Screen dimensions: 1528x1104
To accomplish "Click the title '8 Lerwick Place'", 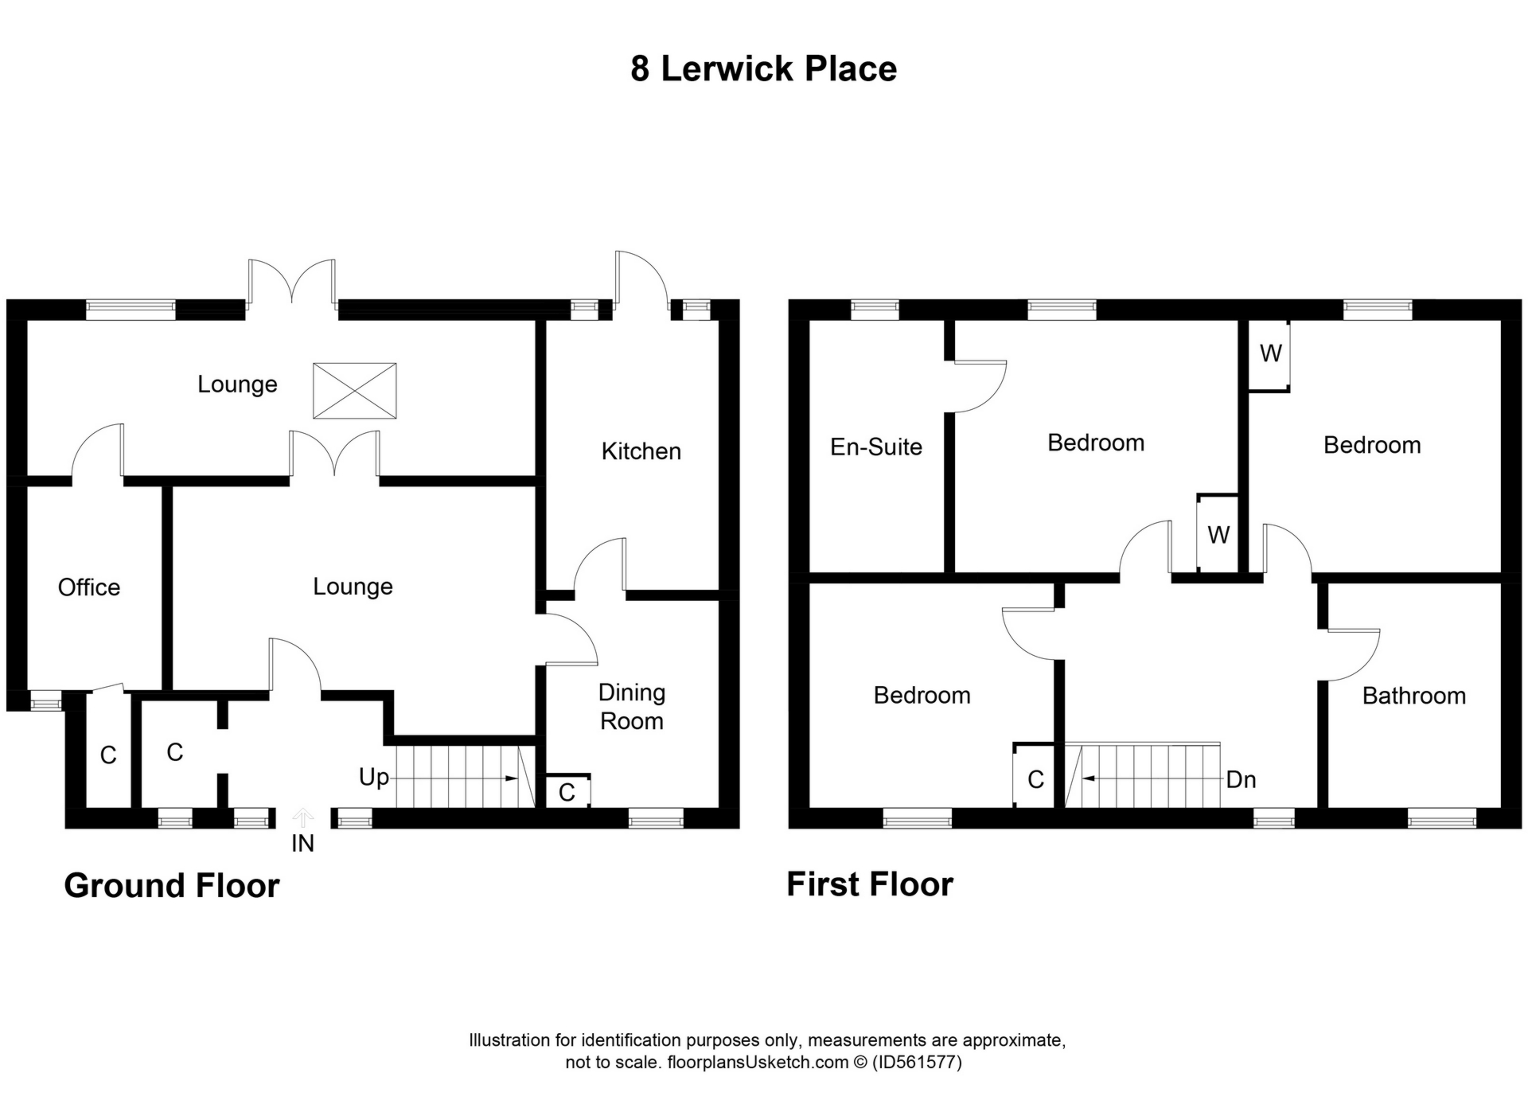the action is (763, 68).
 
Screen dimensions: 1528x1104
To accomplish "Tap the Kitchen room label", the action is (641, 451).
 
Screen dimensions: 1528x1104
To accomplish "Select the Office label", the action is (89, 587).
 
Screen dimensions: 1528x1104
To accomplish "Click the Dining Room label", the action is (632, 707).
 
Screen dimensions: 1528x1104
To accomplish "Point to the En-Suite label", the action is (876, 447).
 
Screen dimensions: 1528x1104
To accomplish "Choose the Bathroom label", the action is (1413, 696).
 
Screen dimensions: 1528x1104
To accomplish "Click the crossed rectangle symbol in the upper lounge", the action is (354, 391).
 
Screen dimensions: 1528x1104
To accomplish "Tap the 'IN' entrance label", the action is (302, 844).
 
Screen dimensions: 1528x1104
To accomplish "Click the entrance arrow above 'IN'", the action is (302, 818).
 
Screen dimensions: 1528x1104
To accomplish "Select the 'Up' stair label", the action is (374, 777).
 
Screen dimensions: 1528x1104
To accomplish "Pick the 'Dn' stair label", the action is (1241, 779).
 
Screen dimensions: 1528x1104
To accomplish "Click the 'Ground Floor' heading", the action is (172, 885).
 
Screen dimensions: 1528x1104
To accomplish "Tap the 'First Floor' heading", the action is (870, 884).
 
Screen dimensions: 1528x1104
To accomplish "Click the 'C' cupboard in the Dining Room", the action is (567, 792).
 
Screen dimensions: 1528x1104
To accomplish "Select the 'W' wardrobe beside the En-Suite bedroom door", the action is (1218, 534).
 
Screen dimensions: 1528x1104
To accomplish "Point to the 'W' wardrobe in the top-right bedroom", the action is (1270, 353).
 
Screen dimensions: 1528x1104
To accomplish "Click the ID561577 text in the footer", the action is (917, 1062).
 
